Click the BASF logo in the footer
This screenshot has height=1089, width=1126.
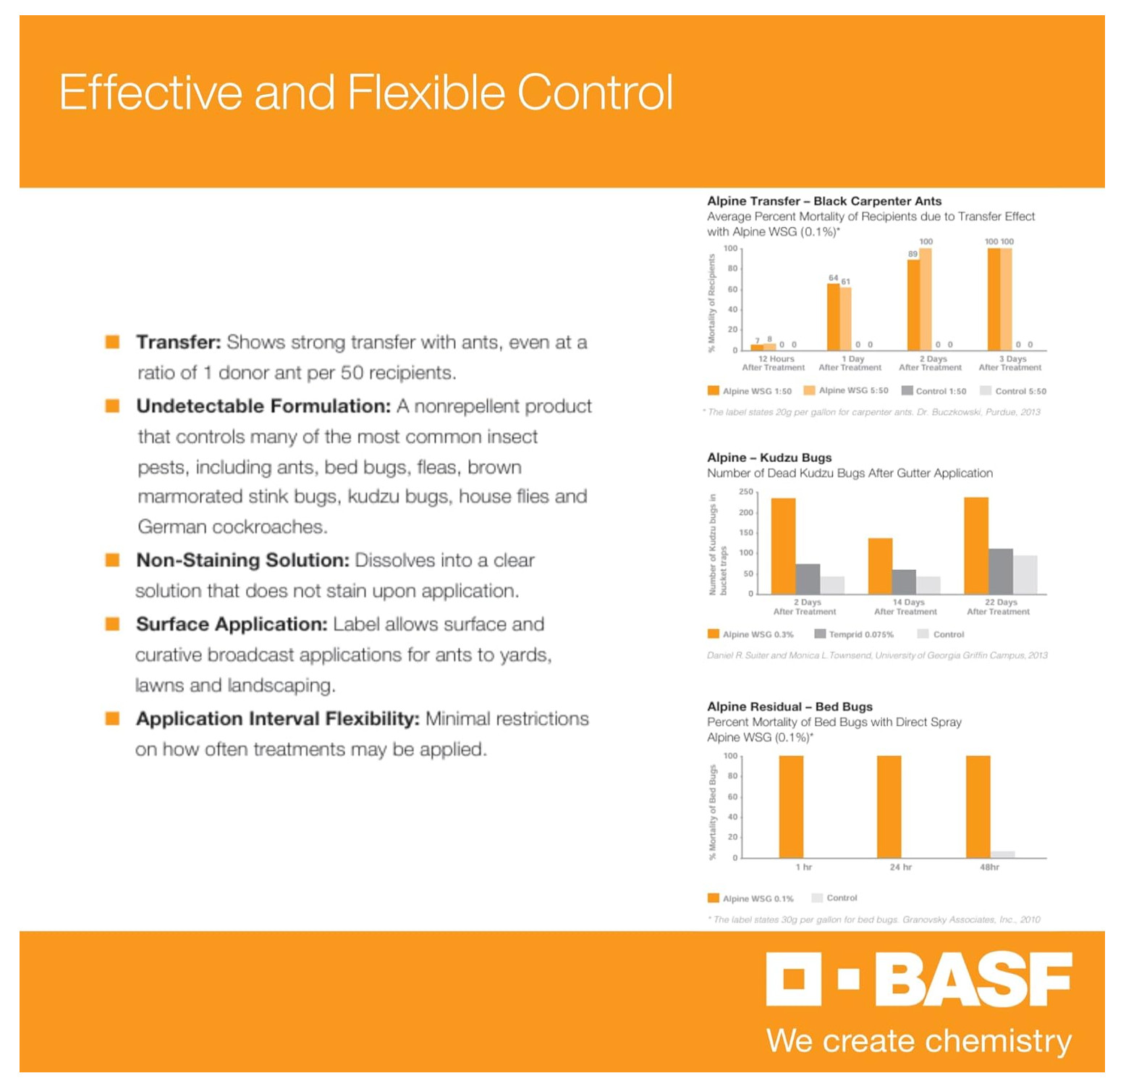click(919, 979)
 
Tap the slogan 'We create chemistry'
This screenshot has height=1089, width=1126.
click(918, 1040)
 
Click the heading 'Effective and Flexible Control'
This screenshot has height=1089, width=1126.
click(365, 92)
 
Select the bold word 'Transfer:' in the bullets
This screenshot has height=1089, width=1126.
click(178, 342)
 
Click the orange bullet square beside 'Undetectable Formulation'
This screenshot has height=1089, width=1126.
click(112, 405)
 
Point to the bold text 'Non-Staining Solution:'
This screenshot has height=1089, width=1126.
click(242, 560)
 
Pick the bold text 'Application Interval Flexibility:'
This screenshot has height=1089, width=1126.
click(277, 718)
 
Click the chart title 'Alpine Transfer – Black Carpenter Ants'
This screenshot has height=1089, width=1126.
click(824, 201)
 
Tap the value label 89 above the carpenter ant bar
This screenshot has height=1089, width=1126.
click(913, 253)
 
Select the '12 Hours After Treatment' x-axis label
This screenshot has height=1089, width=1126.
click(774, 363)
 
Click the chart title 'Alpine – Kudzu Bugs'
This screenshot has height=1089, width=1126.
click(769, 457)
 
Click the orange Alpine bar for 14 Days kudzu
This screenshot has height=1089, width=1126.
click(880, 566)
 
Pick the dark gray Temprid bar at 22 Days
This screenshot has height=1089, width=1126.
click(1000, 571)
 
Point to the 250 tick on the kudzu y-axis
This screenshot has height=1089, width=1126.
click(745, 492)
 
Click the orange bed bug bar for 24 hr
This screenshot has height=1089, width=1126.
click(889, 807)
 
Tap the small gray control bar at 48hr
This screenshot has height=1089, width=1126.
click(1002, 854)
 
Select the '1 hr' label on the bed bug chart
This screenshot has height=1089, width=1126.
click(803, 867)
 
